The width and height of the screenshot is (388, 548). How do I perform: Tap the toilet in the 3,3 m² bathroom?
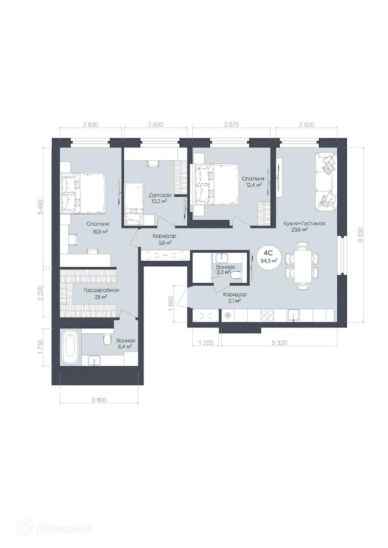pos(236,275)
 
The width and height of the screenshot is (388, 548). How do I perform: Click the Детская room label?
pos(160,195)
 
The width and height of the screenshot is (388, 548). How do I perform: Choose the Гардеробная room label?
pos(101,290)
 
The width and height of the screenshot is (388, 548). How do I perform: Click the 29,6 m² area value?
pos(299,230)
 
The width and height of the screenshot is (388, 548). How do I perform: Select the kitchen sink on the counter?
pos(293,315)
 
